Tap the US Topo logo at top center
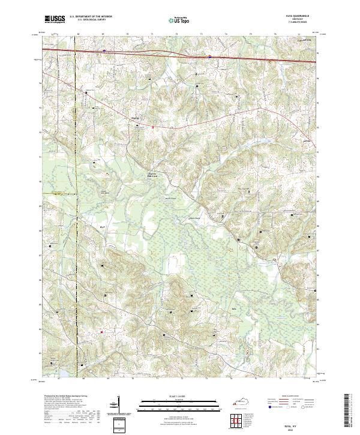(x=180, y=20)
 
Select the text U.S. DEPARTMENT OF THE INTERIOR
(x=91, y=17)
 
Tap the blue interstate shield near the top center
(x=209, y=58)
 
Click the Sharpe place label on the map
(x=134, y=118)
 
